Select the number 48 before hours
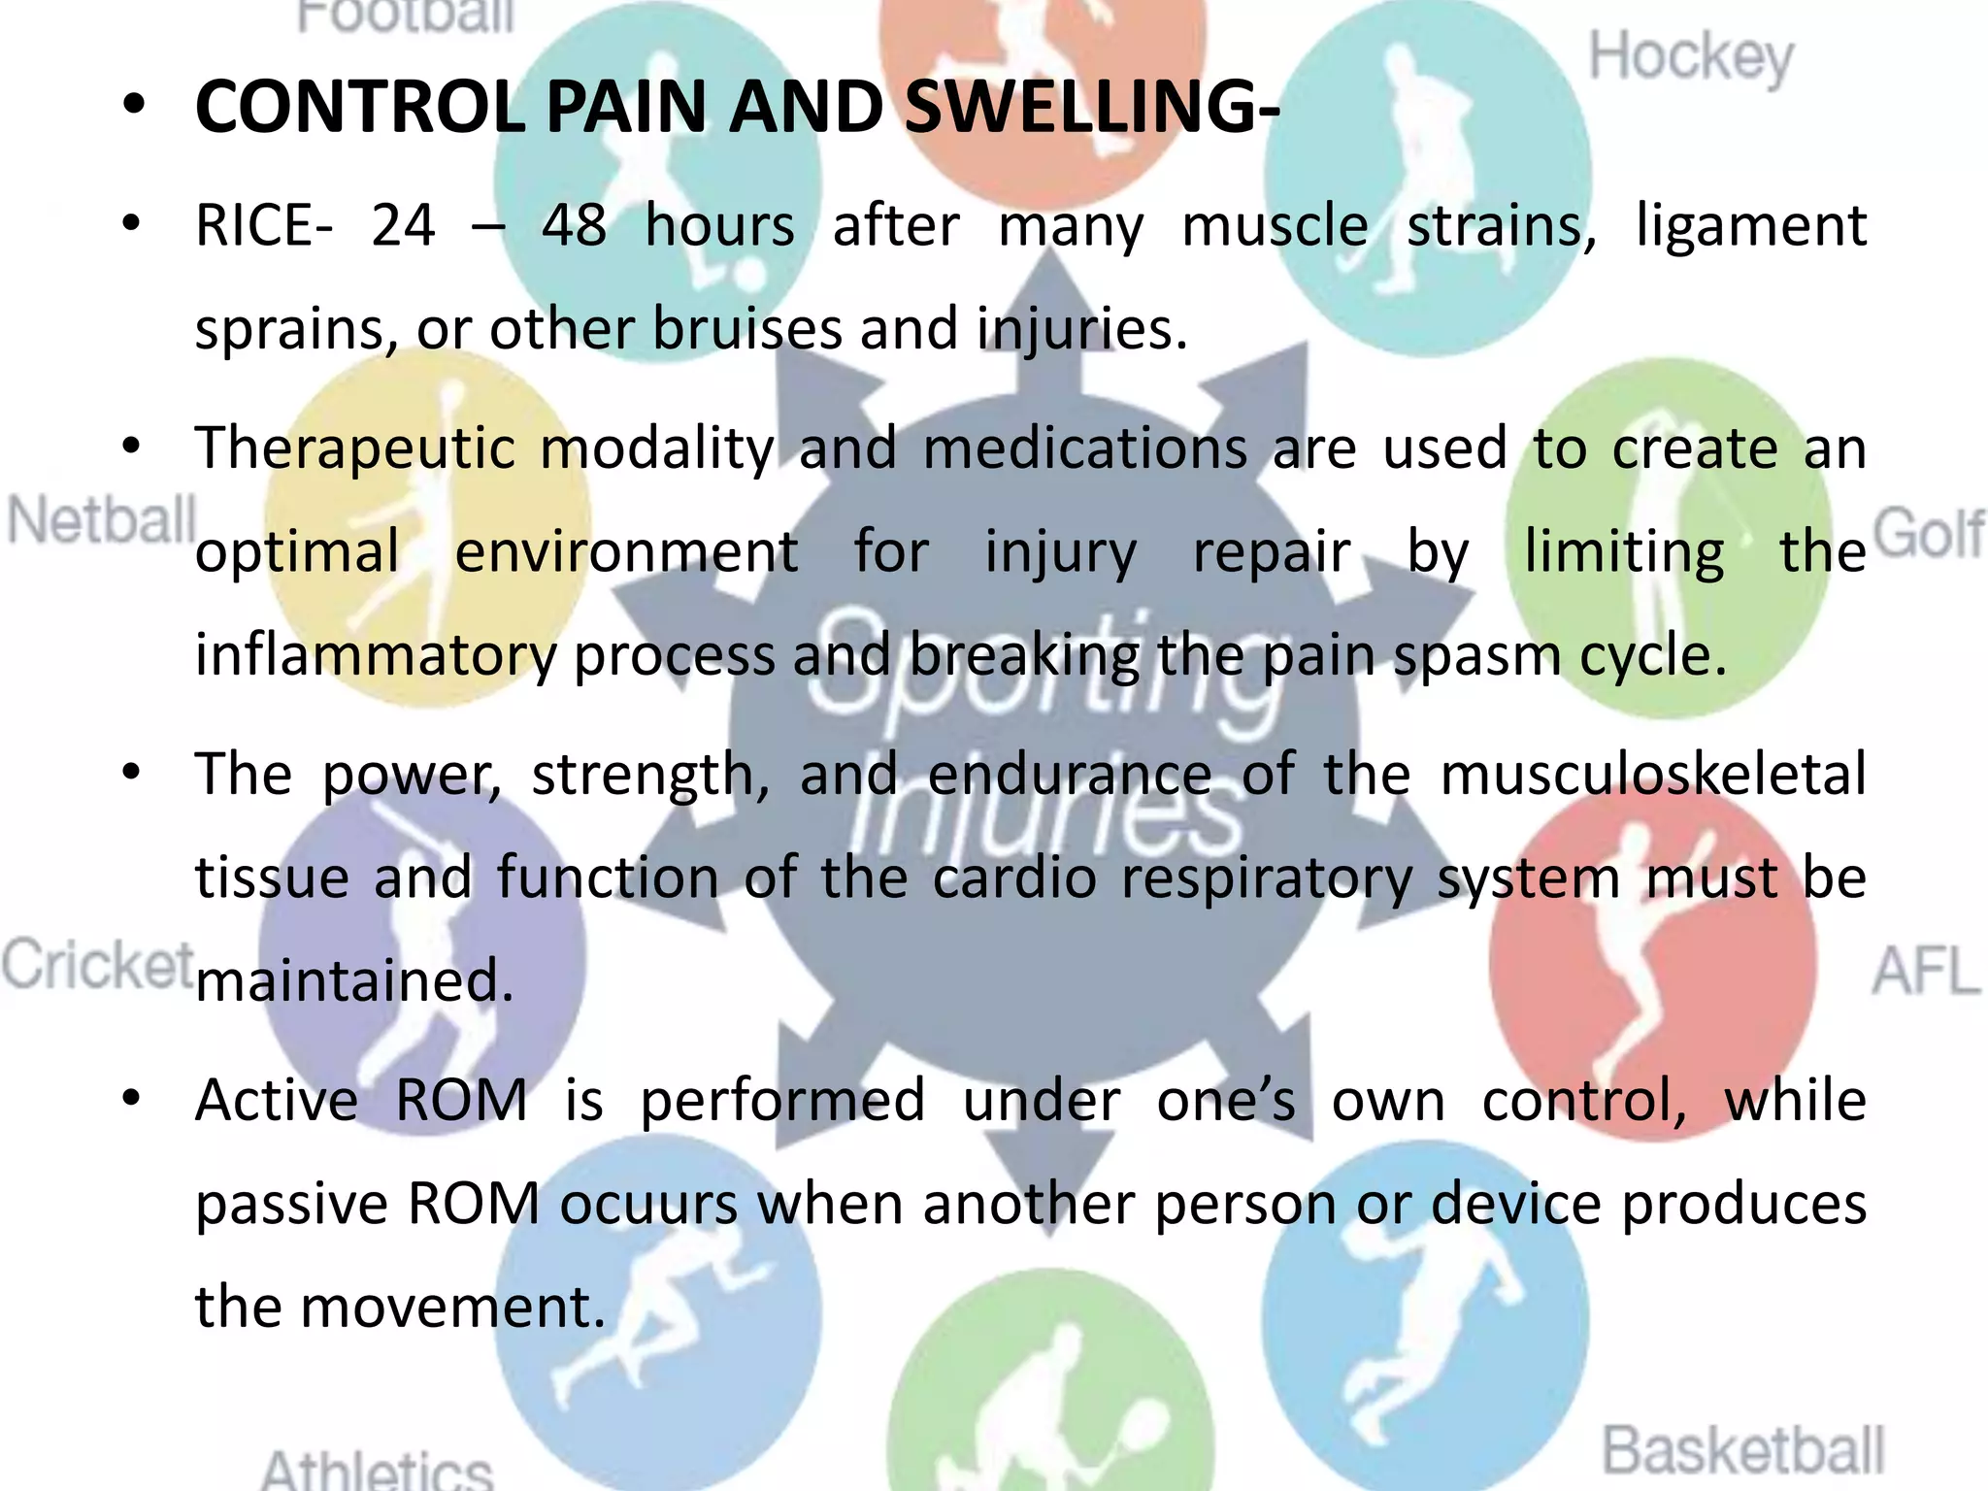(574, 226)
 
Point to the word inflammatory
(376, 655)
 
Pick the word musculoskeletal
(1652, 775)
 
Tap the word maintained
(353, 980)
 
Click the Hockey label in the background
(1691, 58)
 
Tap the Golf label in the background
(1928, 533)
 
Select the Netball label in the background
(101, 521)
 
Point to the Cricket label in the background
(97, 965)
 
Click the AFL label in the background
(1926, 970)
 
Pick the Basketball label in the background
(1742, 1451)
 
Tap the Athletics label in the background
(377, 1471)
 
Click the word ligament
(1750, 226)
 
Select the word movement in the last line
(452, 1307)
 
